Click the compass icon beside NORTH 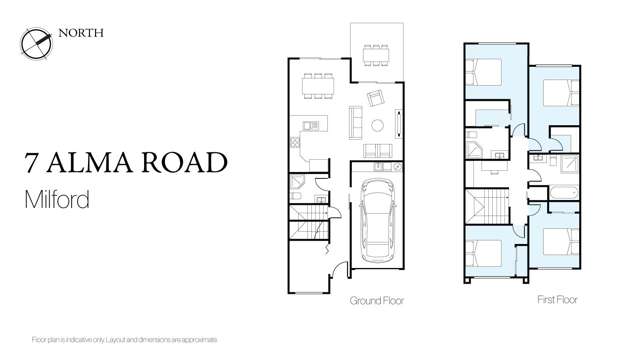pos(35,42)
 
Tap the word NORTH pos(81,33)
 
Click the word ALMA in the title pos(98,163)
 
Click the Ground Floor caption pos(376,300)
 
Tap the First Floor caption pos(557,299)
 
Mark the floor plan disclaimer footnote pos(124,340)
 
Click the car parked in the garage pos(376,217)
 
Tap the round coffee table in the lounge pos(377,125)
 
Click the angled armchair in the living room pos(377,98)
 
